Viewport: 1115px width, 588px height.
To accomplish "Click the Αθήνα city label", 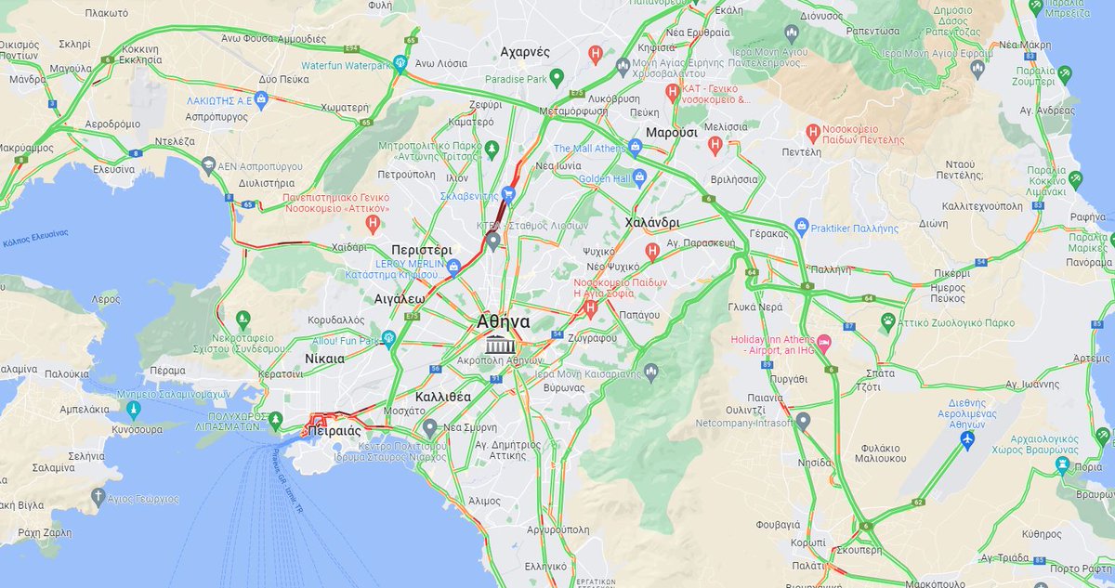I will point(503,321).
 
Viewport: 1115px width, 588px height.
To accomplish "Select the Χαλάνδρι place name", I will point(652,223).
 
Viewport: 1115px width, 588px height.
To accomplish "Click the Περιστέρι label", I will point(422,250).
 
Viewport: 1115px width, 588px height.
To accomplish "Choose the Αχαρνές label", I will point(526,52).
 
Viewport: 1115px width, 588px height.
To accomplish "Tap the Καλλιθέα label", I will point(443,397).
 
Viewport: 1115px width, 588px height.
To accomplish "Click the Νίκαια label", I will point(324,358).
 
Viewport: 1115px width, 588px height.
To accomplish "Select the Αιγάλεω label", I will point(400,299).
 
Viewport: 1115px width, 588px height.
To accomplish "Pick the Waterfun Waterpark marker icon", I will point(400,64).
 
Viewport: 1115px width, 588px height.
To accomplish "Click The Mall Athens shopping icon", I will point(636,147).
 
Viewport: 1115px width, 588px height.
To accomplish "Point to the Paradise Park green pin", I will point(557,77).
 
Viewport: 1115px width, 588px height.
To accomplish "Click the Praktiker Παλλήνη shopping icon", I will point(802,226).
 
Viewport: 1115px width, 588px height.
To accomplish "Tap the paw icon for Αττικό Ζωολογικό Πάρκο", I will point(888,320).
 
